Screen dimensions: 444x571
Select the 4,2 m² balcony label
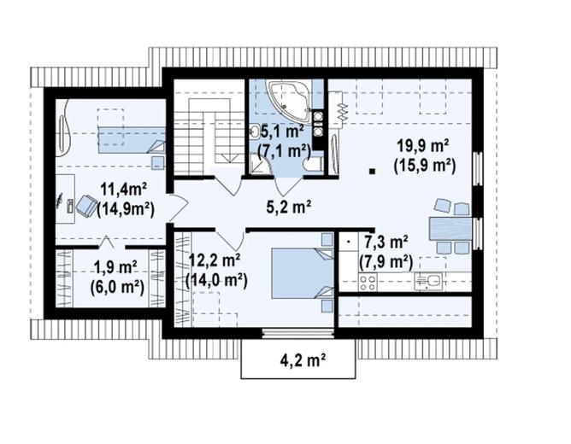coord(297,361)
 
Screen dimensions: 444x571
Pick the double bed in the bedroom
coord(300,271)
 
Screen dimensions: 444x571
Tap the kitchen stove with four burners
coord(369,281)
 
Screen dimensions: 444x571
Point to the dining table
coord(450,228)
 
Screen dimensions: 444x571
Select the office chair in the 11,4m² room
coord(86,205)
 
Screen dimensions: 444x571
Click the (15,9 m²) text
coord(423,166)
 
